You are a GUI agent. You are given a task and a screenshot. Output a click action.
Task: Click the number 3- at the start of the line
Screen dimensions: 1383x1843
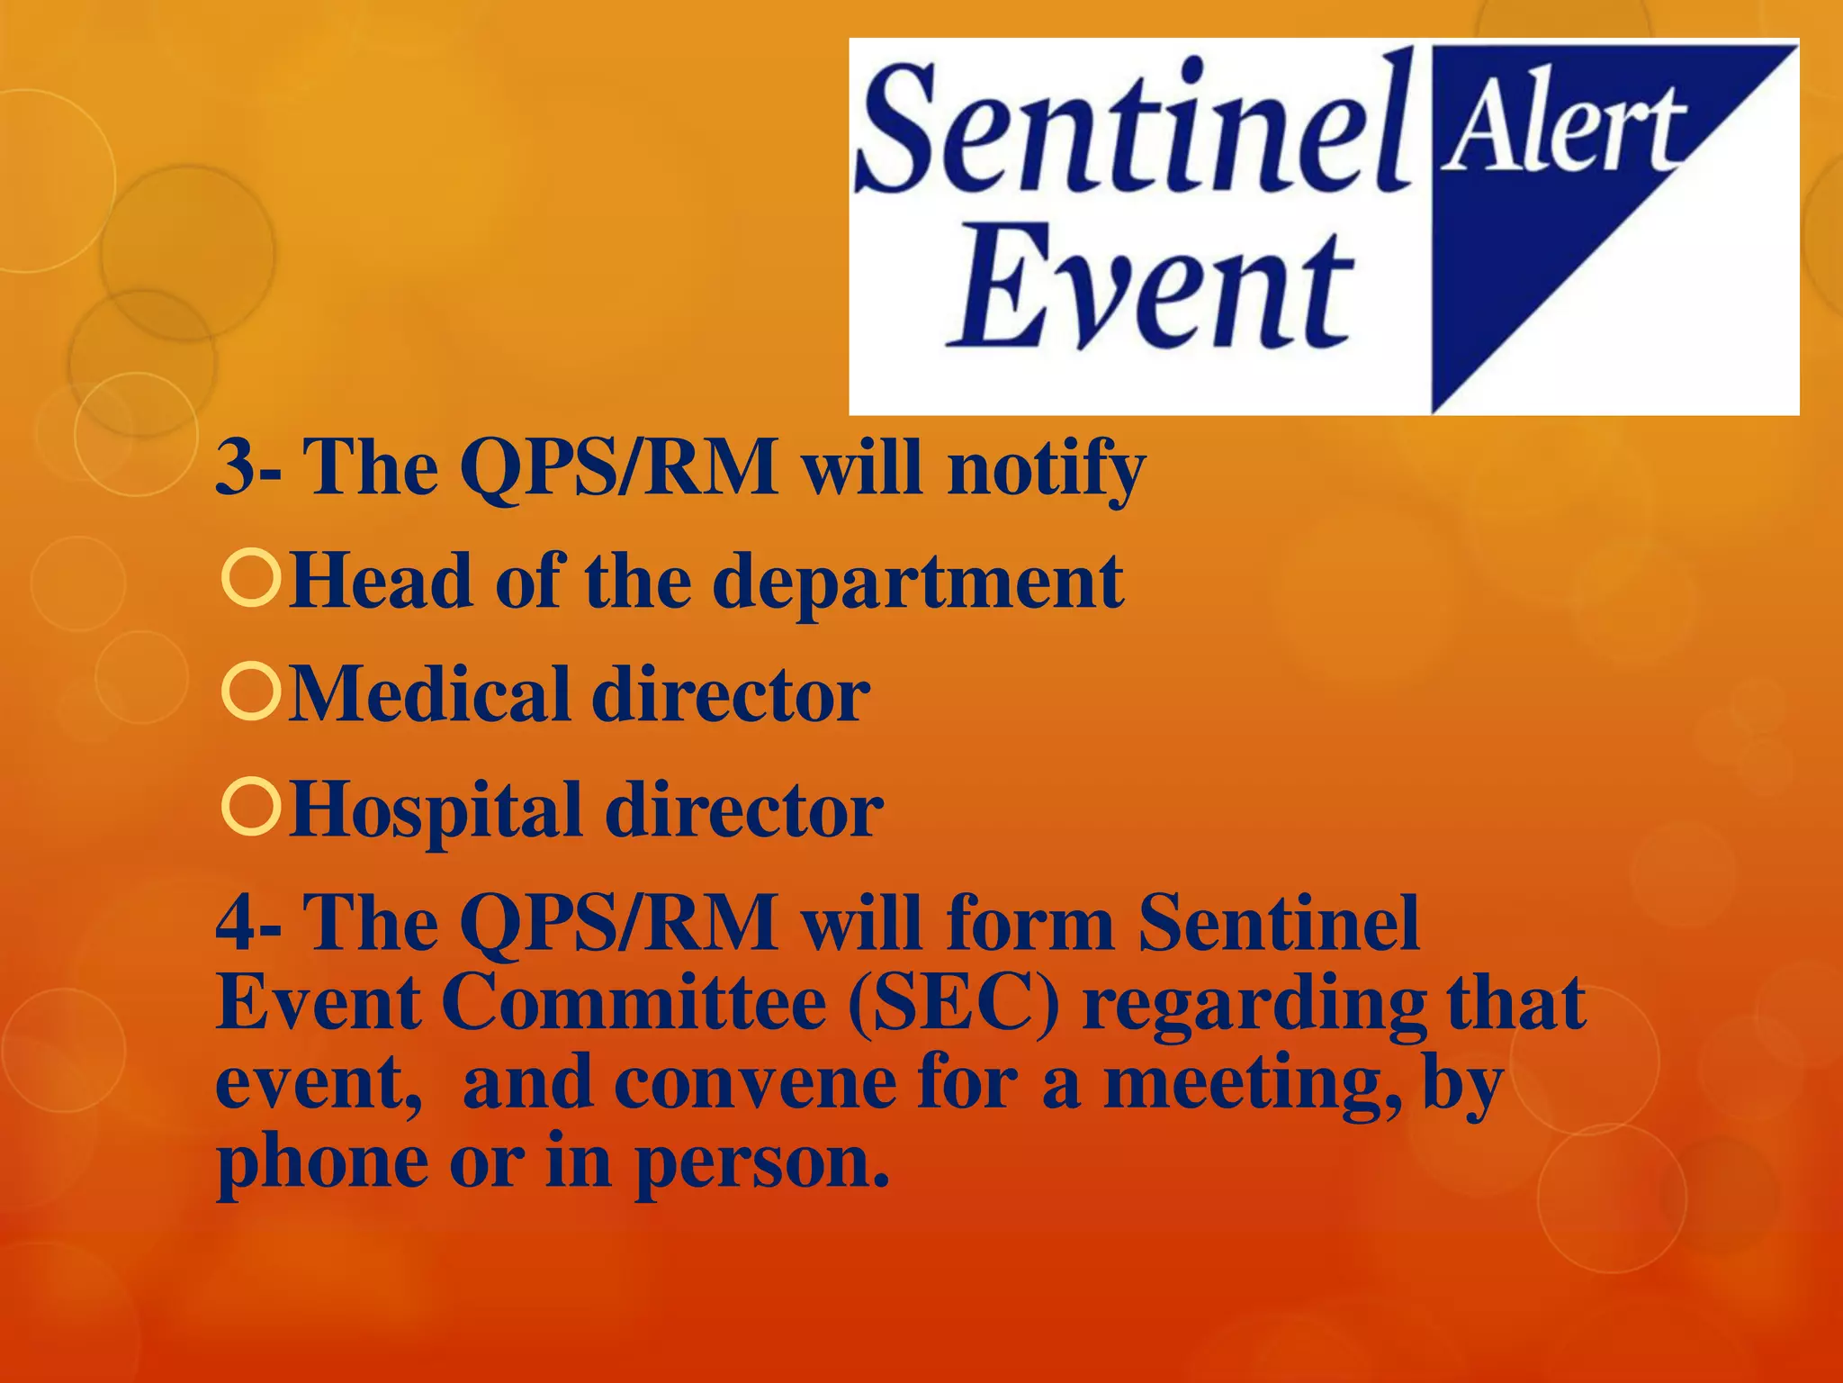point(248,468)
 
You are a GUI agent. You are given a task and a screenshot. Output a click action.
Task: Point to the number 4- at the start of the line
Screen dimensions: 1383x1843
point(248,924)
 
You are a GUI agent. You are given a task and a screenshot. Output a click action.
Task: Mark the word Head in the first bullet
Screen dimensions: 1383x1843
point(382,582)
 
